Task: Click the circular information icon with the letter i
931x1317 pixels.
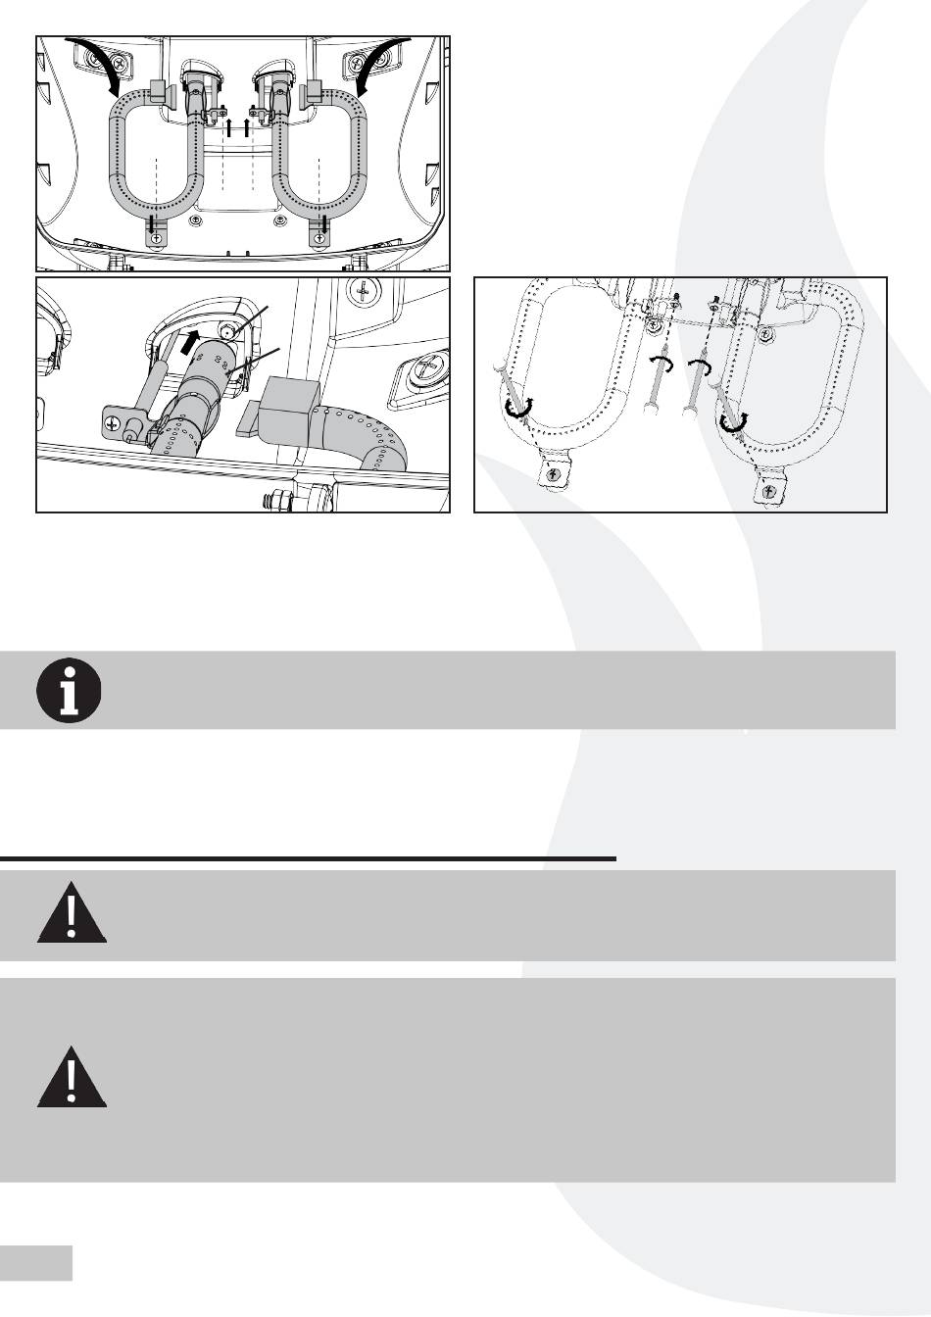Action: pos(69,690)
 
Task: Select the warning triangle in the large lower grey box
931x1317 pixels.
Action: pos(72,1079)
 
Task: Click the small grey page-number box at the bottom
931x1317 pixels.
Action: pos(36,1262)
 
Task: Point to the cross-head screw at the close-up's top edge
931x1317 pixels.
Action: pos(364,291)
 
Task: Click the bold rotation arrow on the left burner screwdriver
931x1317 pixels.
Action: pos(516,408)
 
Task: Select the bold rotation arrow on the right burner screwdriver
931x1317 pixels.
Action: pos(730,420)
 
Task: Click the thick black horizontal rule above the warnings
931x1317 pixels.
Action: pos(308,858)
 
